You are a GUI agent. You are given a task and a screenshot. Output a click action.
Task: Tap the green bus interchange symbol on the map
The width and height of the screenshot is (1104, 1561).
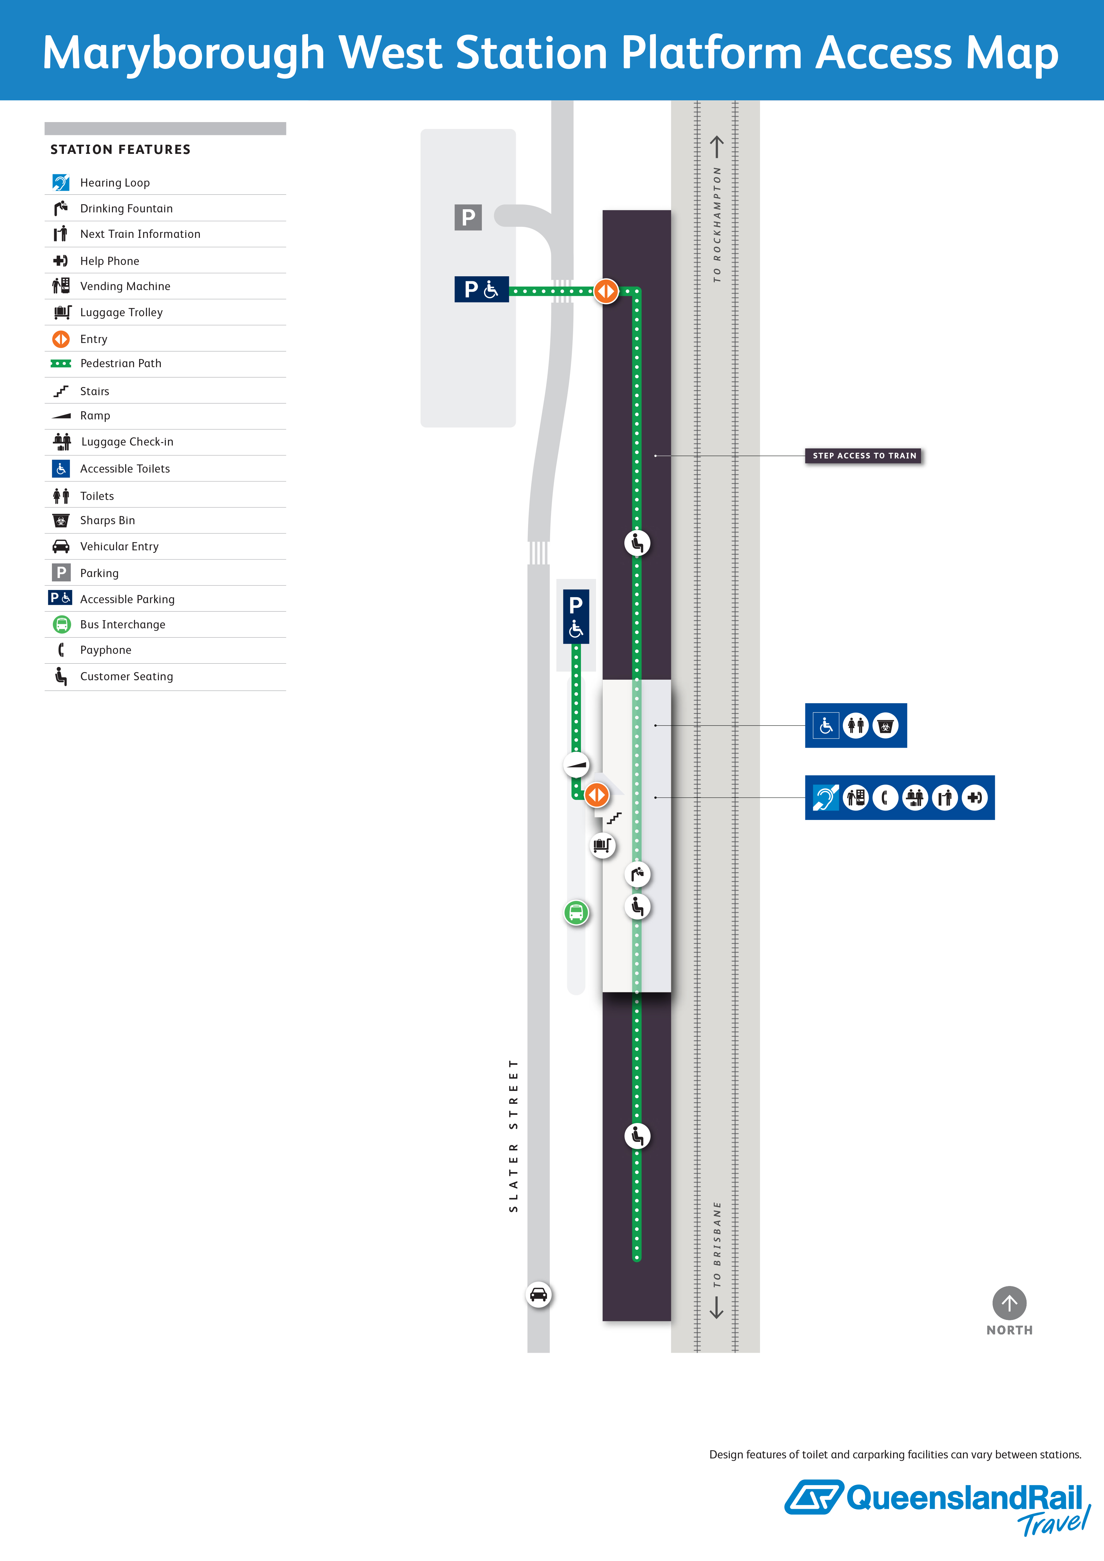[x=576, y=912]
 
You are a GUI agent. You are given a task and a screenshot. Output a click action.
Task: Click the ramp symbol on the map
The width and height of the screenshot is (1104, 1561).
[x=577, y=765]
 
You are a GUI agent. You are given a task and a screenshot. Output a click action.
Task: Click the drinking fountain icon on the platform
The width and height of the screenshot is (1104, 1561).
[x=637, y=874]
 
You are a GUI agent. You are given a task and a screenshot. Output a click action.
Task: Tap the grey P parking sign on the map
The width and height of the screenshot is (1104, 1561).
[x=468, y=217]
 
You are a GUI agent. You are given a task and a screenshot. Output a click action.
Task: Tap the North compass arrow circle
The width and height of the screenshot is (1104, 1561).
[x=1009, y=1303]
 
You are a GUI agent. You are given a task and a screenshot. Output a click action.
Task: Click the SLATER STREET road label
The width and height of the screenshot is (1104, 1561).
[x=513, y=1135]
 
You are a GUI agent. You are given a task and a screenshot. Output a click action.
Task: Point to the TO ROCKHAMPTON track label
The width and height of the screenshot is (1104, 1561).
[x=717, y=224]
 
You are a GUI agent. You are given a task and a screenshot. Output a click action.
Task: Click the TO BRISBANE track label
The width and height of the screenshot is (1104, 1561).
[x=717, y=1244]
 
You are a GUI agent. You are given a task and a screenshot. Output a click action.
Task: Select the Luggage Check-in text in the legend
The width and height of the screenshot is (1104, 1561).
[x=127, y=442]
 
